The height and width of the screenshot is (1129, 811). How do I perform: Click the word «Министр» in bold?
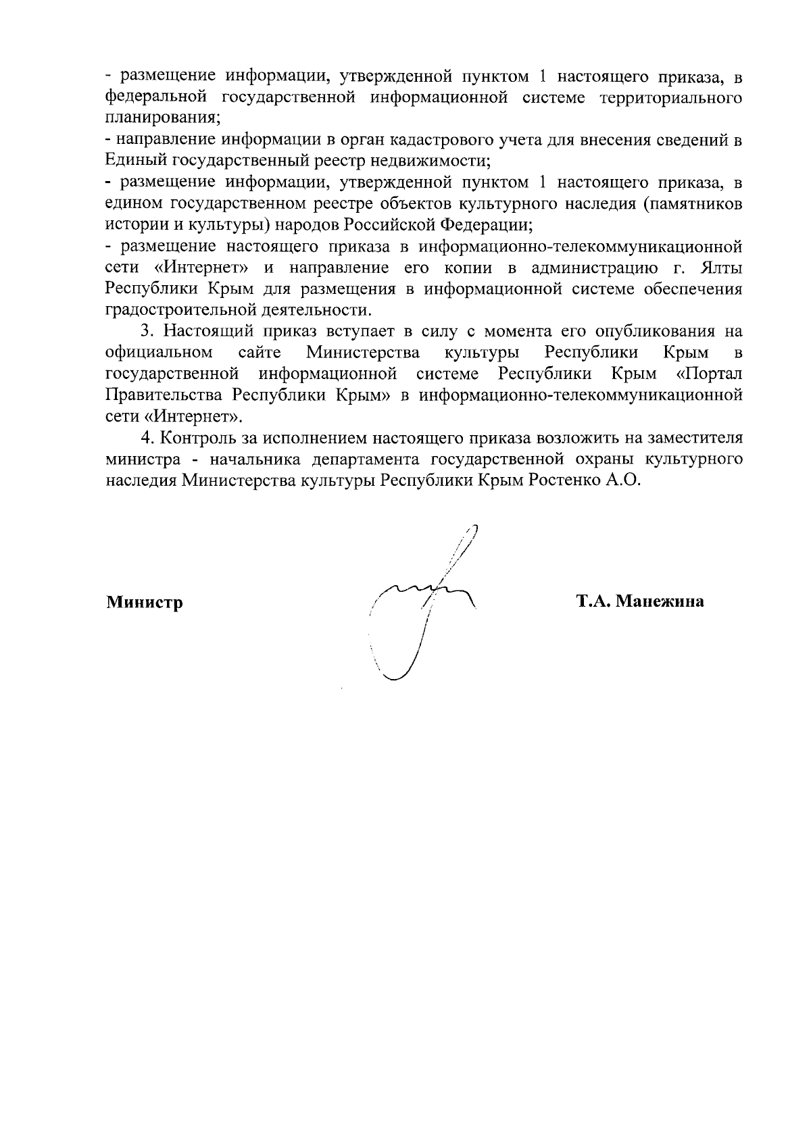[144, 602]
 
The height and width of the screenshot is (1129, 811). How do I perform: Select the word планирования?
[163, 119]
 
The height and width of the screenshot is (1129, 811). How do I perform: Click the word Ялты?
[722, 268]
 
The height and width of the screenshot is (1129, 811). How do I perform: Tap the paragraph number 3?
[144, 331]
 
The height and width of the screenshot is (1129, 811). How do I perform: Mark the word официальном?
[159, 353]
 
